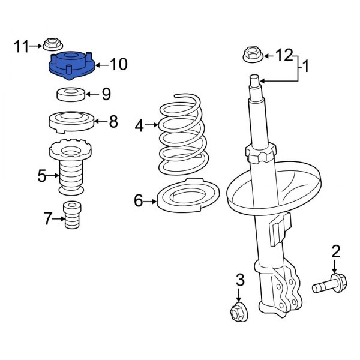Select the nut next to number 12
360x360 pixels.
pyautogui.click(x=251, y=55)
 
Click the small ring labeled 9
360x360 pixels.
pyautogui.click(x=70, y=94)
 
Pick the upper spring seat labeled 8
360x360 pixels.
pyautogui.click(x=70, y=122)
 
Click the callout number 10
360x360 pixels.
pyautogui.click(x=119, y=64)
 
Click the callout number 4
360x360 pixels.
pyautogui.click(x=139, y=125)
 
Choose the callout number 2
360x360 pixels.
pyautogui.click(x=335, y=250)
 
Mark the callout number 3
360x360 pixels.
pyautogui.click(x=239, y=280)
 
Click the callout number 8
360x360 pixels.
pyautogui.click(x=113, y=122)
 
